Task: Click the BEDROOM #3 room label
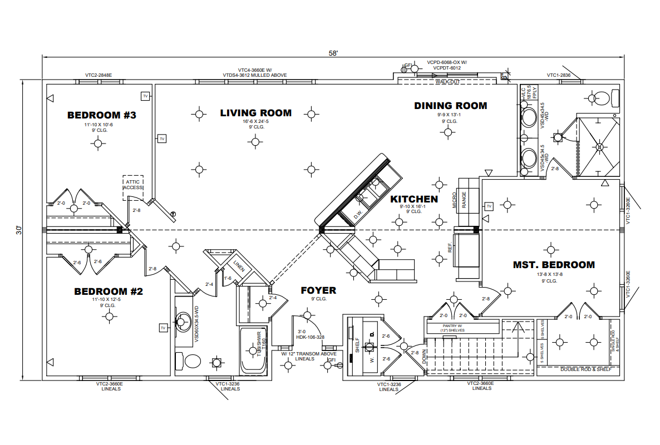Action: [x=102, y=115]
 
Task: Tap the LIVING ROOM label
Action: [x=255, y=113]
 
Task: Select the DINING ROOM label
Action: [x=450, y=106]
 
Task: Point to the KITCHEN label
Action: [x=413, y=199]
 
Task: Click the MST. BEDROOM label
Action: [x=554, y=265]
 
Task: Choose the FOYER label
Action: [x=318, y=290]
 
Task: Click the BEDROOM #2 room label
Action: [x=109, y=291]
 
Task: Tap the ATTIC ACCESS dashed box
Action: [x=133, y=185]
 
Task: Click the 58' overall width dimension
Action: [x=333, y=53]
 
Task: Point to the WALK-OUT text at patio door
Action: [x=447, y=82]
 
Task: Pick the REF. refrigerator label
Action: [x=450, y=247]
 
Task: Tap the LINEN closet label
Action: [x=239, y=266]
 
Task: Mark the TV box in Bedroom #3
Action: [x=145, y=96]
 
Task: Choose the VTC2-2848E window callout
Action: [x=98, y=75]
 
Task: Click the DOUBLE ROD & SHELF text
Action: [x=585, y=369]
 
